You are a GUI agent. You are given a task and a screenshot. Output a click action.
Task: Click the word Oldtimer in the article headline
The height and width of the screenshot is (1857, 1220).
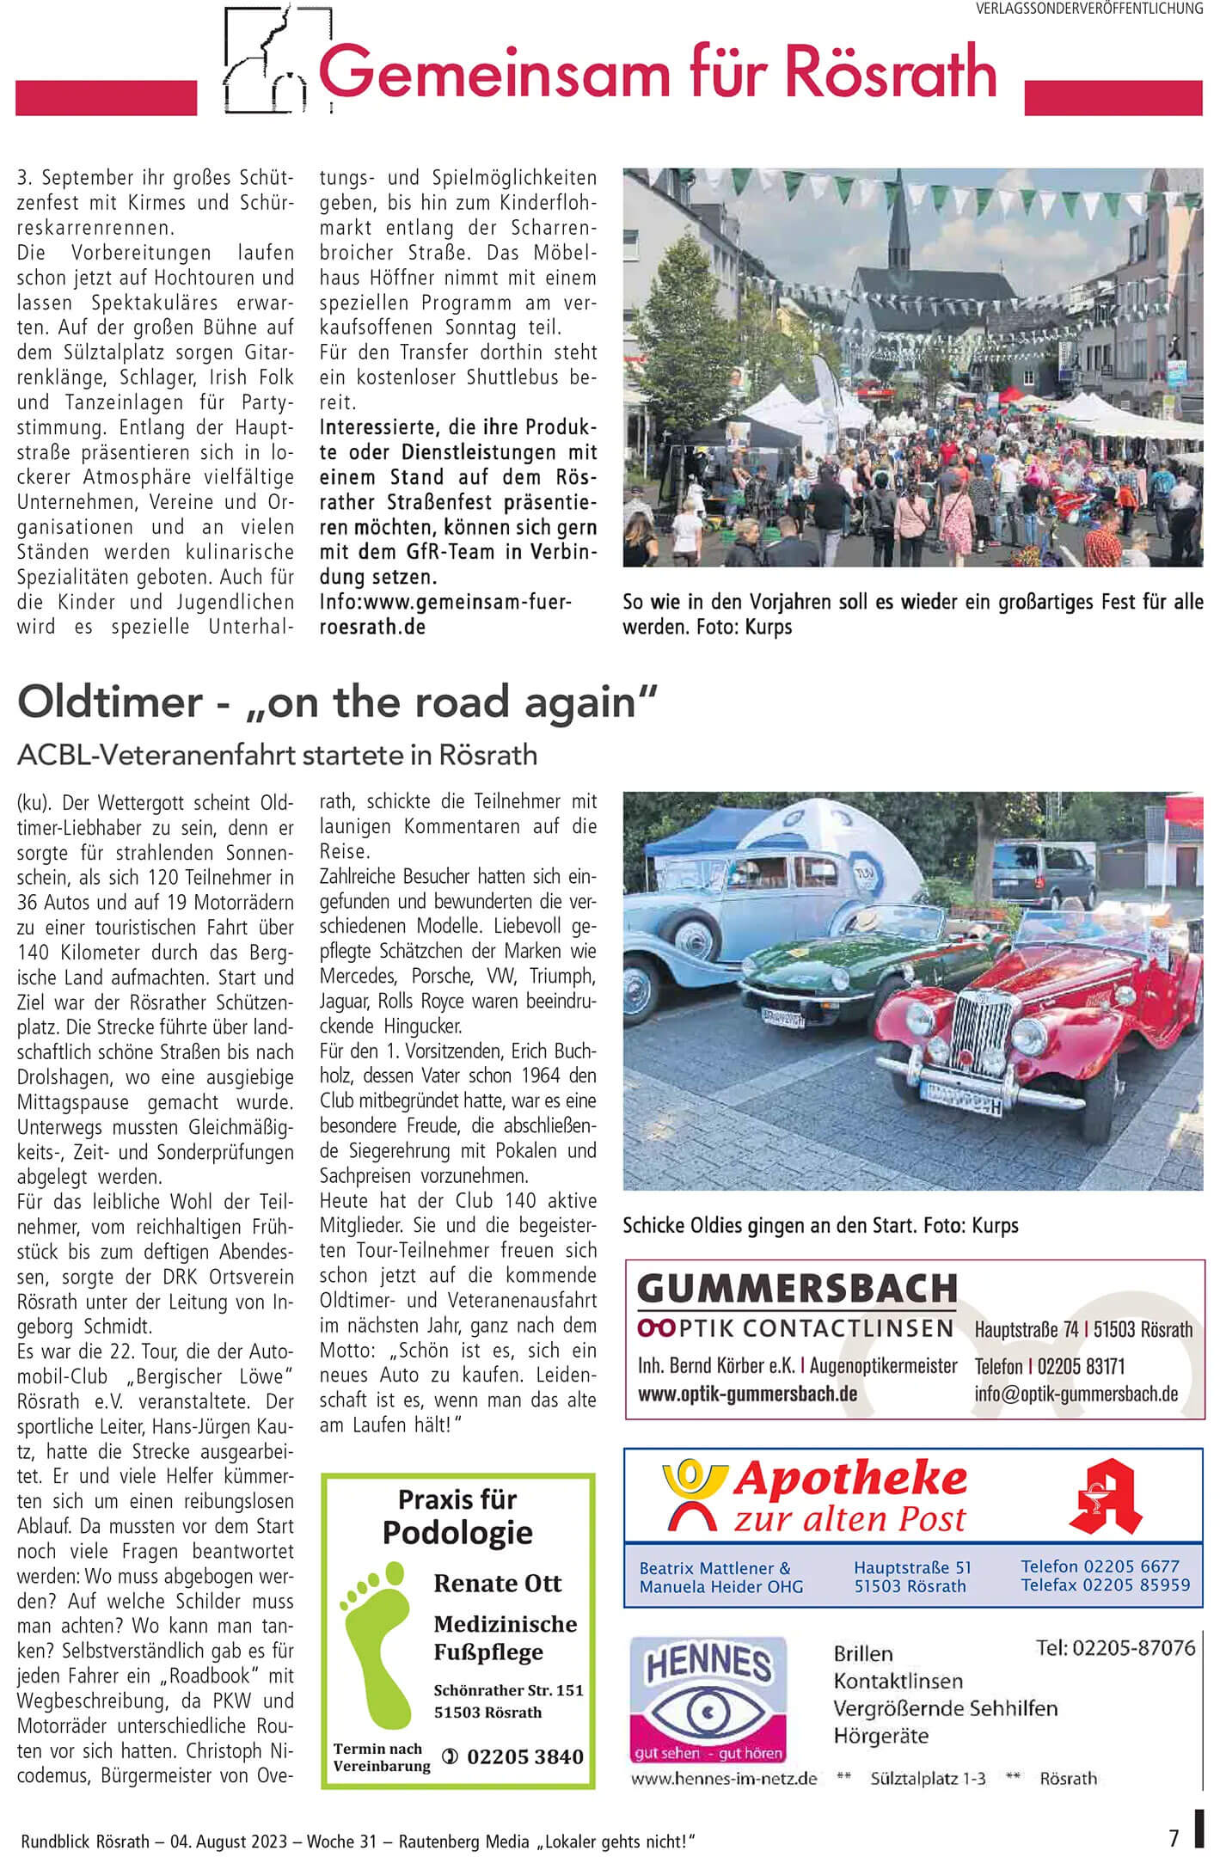(109, 702)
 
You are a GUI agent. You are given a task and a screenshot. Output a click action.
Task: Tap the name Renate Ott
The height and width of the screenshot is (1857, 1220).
(498, 1583)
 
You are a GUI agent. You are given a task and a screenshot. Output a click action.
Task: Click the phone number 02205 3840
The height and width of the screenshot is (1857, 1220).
(524, 1756)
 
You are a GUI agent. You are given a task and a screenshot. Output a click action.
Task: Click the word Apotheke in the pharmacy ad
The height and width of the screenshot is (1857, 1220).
(850, 1479)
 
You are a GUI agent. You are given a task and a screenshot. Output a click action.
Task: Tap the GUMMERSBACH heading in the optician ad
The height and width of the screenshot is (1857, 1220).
(797, 1289)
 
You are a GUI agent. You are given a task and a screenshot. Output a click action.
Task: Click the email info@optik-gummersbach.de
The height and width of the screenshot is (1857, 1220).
(1076, 1394)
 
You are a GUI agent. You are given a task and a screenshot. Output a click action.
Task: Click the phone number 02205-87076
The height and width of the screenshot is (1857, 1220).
(1115, 1647)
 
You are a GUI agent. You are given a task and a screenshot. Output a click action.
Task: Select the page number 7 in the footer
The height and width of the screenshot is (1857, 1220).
(1174, 1836)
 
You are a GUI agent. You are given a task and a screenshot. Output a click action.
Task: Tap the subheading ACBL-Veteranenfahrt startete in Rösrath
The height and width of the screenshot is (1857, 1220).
(277, 755)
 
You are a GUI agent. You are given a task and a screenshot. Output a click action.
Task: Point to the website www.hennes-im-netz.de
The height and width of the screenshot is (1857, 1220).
(724, 1778)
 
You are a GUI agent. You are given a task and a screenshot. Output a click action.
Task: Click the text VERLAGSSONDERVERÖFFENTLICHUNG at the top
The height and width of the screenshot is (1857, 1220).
(1088, 9)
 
